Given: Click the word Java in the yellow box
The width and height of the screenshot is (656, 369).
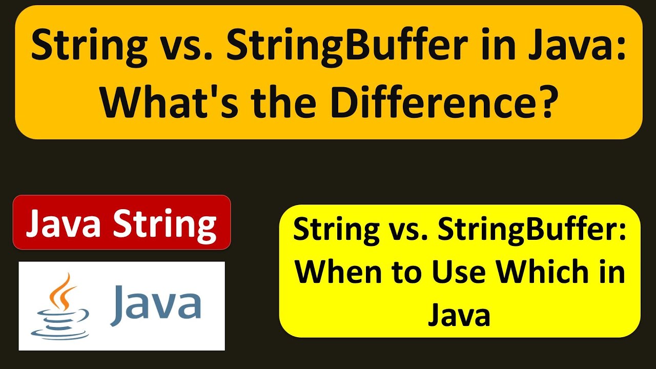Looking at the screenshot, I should pyautogui.click(x=459, y=314).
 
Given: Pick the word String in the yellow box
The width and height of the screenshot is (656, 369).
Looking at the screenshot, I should pyautogui.click(x=329, y=230).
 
